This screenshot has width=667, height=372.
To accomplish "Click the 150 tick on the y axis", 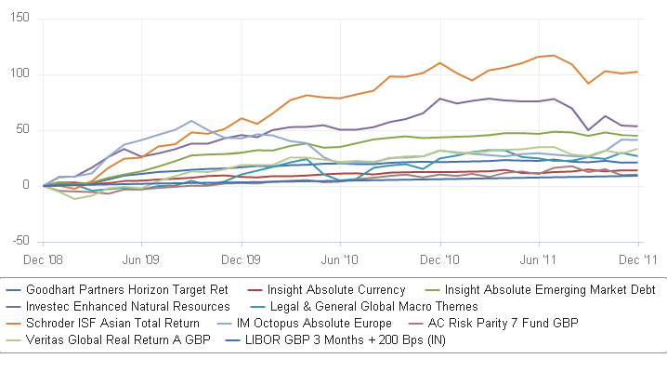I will coord(19,19).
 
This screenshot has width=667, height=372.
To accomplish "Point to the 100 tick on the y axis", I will coord(19,74).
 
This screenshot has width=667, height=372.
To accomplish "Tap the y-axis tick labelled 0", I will coord(25,186).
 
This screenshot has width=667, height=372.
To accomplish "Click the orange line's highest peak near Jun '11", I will coord(555,55).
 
